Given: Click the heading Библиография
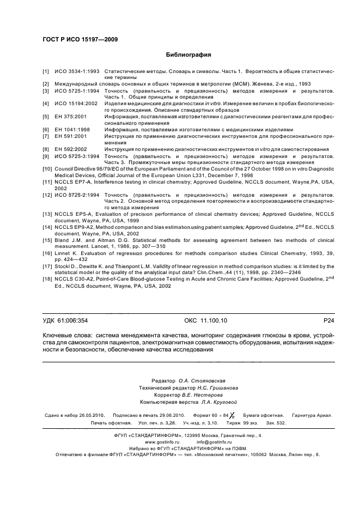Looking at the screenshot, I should coord(188,54).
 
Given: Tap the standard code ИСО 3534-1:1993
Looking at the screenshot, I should coord(77,71).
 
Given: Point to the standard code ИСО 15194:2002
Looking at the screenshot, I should coord(76,103).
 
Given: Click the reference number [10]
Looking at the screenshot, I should coord(47,169).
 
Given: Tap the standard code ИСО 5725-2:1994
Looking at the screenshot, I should coord(77,195).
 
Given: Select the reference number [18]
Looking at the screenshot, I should coord(47,279).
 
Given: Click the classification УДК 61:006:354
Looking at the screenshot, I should coord(65,321).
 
